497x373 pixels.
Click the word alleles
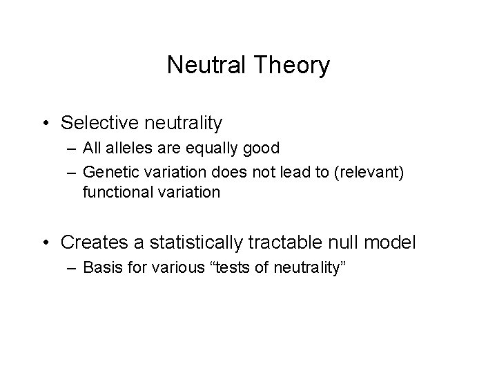124,149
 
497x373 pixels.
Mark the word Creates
90,242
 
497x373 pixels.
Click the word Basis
99,267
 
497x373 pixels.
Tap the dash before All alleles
72,149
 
